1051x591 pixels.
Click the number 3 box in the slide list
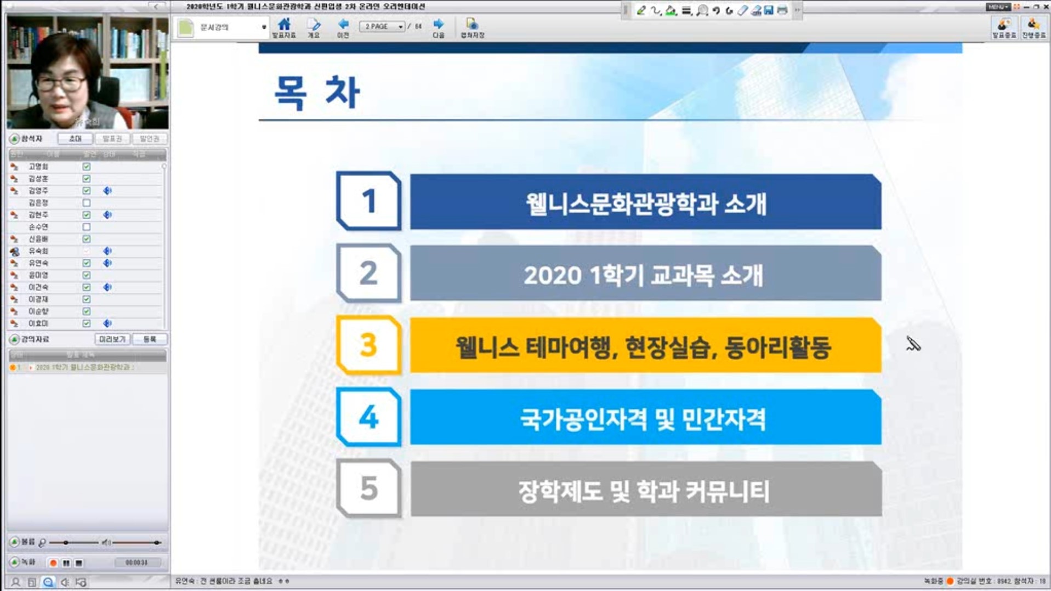pos(368,345)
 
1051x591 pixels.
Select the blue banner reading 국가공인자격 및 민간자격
pos(645,418)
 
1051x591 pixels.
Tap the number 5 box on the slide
pos(368,488)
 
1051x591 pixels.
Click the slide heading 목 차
pos(317,92)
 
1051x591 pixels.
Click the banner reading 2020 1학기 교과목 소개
pos(645,274)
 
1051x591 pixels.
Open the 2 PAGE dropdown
pos(382,26)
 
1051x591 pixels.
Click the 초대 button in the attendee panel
pos(75,139)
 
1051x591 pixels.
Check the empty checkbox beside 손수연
pos(87,227)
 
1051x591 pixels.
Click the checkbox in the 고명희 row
pos(87,167)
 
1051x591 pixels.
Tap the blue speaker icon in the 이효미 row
pos(107,323)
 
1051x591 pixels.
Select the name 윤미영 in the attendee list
pos(38,275)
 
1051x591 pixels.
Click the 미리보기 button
pos(112,339)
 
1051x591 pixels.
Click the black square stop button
pos(79,563)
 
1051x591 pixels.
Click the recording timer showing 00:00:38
pos(136,563)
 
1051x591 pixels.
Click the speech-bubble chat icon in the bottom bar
pos(48,582)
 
